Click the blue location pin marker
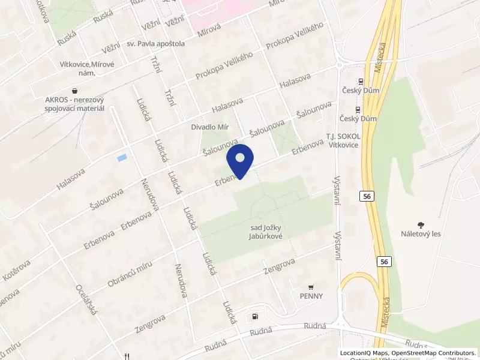(x=240, y=161)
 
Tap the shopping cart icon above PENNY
(x=310, y=286)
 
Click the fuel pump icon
(x=256, y=316)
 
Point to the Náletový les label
(x=421, y=233)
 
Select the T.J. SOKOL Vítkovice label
(x=343, y=140)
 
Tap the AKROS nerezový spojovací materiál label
(x=74, y=104)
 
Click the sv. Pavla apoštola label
(x=156, y=44)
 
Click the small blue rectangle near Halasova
(x=122, y=157)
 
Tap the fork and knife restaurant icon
(x=126, y=356)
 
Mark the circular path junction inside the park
(x=261, y=214)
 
